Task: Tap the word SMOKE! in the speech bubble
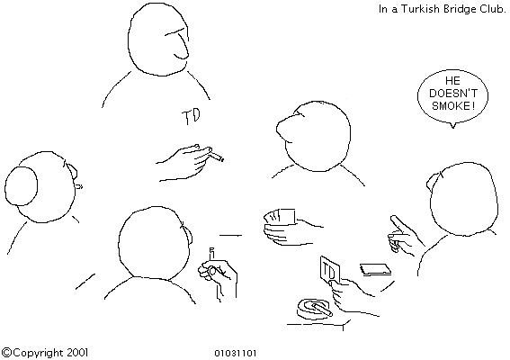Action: tap(452, 106)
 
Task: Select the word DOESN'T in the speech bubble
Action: tap(453, 93)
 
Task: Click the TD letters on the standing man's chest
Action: tap(192, 116)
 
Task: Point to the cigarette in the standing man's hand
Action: tap(216, 157)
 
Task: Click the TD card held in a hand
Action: tap(330, 270)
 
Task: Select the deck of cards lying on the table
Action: tap(375, 269)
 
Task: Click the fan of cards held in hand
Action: tap(280, 217)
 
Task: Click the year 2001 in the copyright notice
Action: tap(77, 352)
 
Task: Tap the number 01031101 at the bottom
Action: tap(236, 353)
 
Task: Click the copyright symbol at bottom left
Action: tap(7, 353)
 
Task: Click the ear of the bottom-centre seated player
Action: tap(187, 232)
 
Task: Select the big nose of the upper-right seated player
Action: tap(285, 128)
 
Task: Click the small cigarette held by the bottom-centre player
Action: tap(212, 253)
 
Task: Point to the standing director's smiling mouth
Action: tap(181, 57)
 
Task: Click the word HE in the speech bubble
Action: tap(452, 80)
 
